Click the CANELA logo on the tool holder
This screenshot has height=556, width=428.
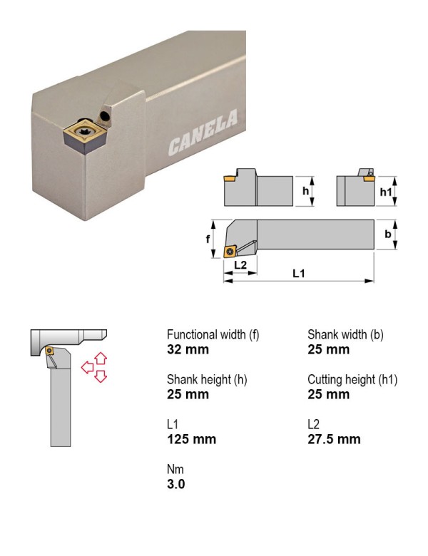(203, 132)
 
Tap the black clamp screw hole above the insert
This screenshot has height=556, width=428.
(105, 115)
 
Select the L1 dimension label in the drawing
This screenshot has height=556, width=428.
(298, 273)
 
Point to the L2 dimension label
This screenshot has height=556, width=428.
(240, 265)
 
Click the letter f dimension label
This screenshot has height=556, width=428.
(208, 240)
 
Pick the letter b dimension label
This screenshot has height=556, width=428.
(388, 234)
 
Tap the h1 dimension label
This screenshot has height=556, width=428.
(386, 192)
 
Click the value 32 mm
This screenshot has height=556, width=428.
(188, 349)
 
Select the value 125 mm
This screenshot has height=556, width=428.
(192, 439)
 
